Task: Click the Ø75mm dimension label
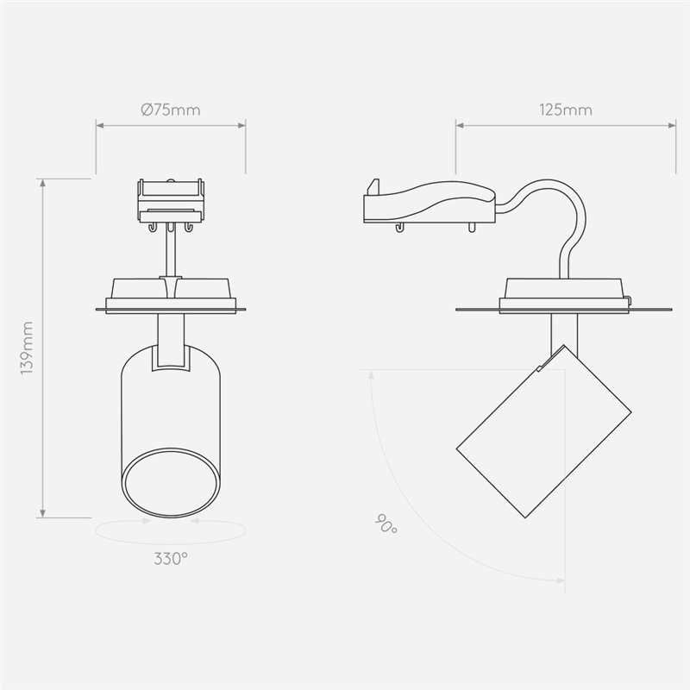tap(170, 110)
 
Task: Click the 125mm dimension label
tap(565, 110)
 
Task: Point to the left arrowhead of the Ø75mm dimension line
tap(100, 126)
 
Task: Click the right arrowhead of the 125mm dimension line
tap(673, 126)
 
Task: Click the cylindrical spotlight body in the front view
tap(170, 405)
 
